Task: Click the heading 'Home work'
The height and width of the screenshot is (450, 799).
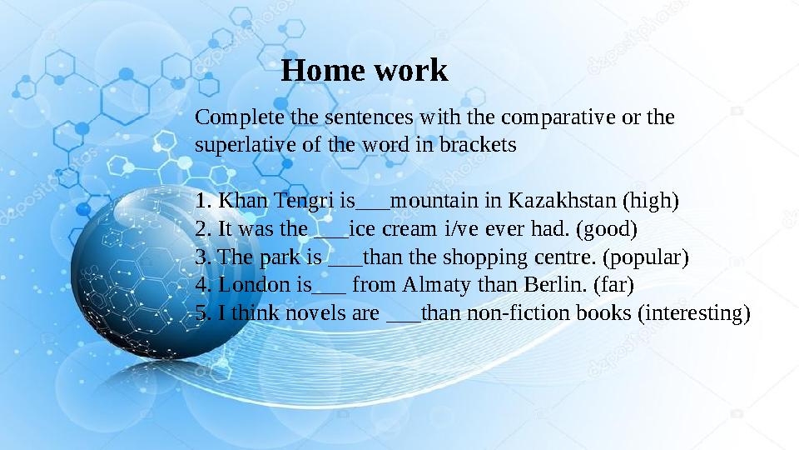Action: tap(365, 71)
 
